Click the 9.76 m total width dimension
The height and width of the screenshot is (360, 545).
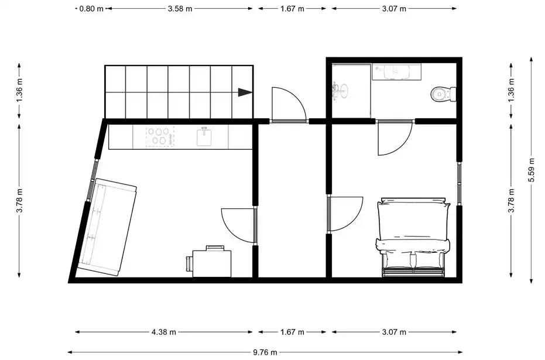pyautogui.click(x=265, y=352)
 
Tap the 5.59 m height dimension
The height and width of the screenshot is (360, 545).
pyautogui.click(x=532, y=170)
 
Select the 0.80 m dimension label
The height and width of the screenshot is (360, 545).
pyautogui.click(x=91, y=9)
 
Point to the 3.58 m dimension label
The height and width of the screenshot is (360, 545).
pyautogui.click(x=180, y=9)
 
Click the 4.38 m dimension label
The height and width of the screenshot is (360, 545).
pyautogui.click(x=164, y=332)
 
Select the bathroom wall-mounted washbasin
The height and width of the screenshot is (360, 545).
pyautogui.click(x=340, y=91)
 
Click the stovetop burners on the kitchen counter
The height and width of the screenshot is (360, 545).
pyautogui.click(x=160, y=136)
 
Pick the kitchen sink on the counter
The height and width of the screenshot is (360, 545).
pyautogui.click(x=204, y=136)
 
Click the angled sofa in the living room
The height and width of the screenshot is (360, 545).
pyautogui.click(x=107, y=228)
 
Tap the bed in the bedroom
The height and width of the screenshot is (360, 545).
pyautogui.click(x=413, y=238)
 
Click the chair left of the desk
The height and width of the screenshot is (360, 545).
pyautogui.click(x=189, y=264)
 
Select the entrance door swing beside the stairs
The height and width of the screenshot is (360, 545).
pyautogui.click(x=288, y=104)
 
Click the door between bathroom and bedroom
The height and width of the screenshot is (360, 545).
pyautogui.click(x=395, y=137)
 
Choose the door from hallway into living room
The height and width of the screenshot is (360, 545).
pyautogui.click(x=238, y=225)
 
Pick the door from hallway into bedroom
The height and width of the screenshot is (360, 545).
pyautogui.click(x=346, y=214)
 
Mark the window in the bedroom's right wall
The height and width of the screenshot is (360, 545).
pyautogui.click(x=459, y=183)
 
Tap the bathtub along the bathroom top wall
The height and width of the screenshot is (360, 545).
pyautogui.click(x=396, y=71)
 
